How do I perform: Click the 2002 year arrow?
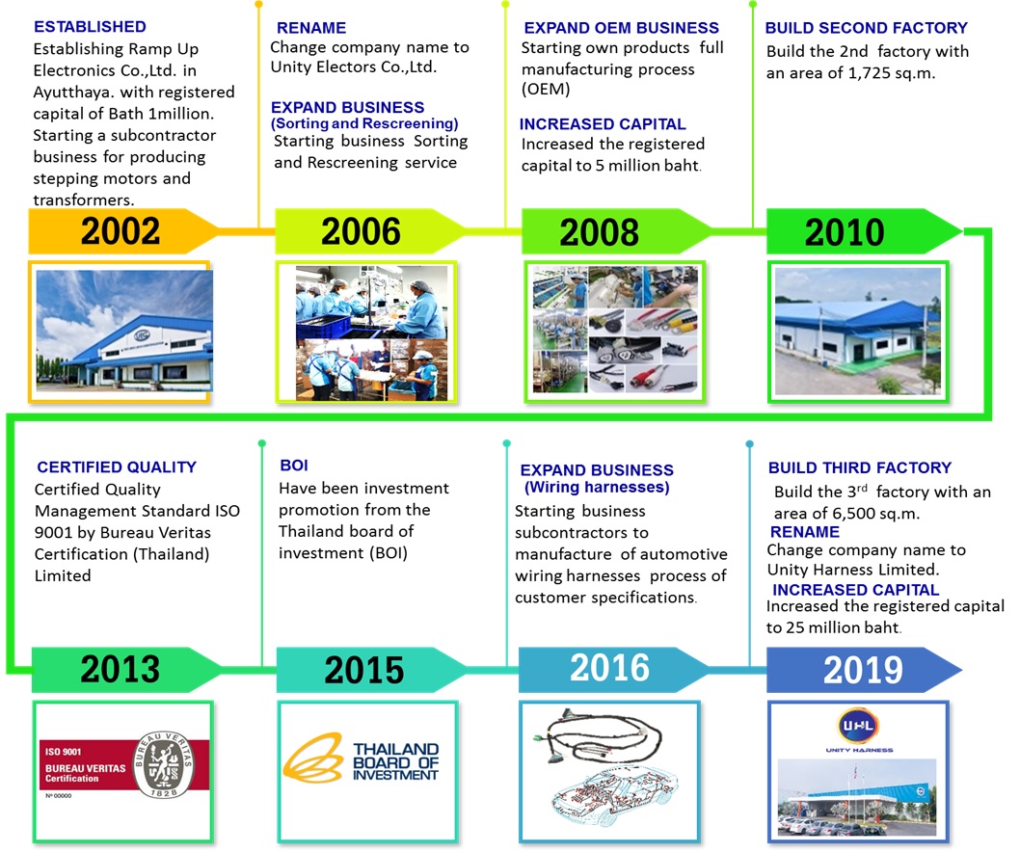[x=123, y=231]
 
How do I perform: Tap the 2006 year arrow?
[x=369, y=231]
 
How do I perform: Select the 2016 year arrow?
[x=613, y=669]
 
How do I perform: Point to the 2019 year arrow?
[x=863, y=669]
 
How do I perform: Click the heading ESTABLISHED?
[x=90, y=27]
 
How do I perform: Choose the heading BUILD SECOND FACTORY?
[x=866, y=28]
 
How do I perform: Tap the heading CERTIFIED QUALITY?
[x=117, y=467]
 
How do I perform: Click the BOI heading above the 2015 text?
[x=294, y=465]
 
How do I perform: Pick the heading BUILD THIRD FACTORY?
[x=859, y=467]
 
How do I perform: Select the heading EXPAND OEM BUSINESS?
[x=621, y=28]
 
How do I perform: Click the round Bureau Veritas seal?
[x=163, y=764]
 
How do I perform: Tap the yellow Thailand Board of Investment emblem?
[x=313, y=757]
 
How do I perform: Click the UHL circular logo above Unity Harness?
[x=858, y=725]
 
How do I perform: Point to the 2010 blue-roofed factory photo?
[x=858, y=332]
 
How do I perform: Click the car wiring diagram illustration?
[x=613, y=800]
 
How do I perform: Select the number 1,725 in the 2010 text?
[x=869, y=73]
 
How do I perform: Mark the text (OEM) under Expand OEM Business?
[x=546, y=89]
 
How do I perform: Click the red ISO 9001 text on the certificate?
[x=63, y=752]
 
